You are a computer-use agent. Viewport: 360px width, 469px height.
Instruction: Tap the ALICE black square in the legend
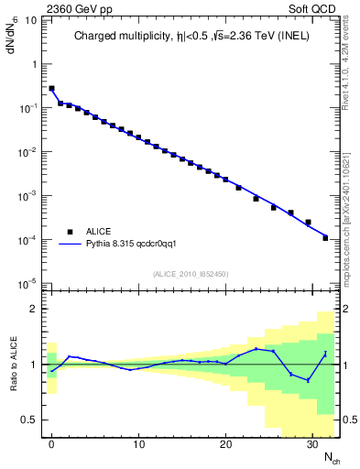(70, 232)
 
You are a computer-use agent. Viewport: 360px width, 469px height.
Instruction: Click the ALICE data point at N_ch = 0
(51, 89)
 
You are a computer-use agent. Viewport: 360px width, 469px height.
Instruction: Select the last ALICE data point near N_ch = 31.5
(325, 237)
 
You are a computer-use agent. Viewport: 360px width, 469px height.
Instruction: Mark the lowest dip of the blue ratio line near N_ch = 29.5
(308, 380)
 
